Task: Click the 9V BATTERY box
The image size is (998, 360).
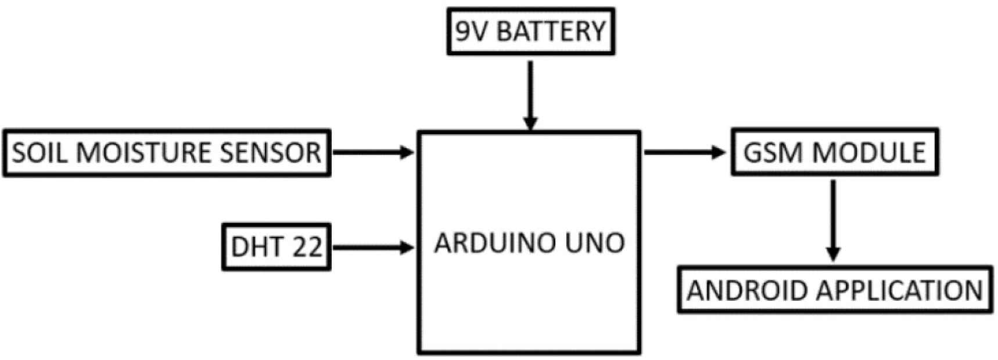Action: pos(530,31)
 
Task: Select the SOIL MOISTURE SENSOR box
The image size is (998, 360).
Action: pos(167,153)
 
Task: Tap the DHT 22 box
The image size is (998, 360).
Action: pos(277,247)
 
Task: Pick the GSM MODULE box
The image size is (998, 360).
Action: pos(834,152)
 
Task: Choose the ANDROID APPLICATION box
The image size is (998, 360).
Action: pos(835,290)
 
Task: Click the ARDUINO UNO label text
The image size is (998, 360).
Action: pos(529,243)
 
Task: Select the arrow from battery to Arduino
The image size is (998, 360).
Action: pos(530,96)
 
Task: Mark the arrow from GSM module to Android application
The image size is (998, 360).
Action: pos(834,221)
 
